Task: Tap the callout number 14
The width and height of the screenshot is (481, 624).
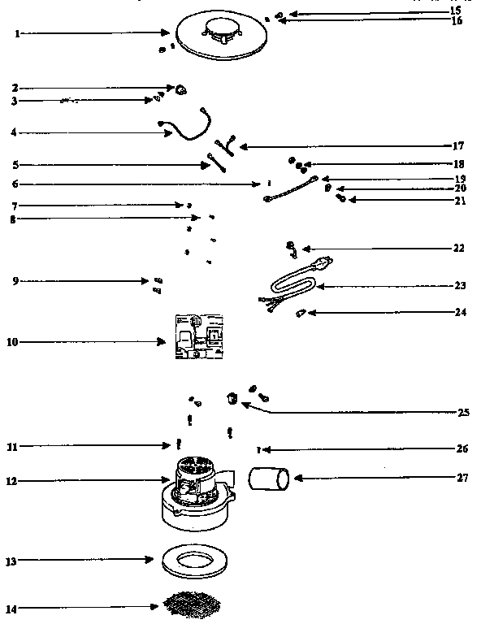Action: click(x=13, y=607)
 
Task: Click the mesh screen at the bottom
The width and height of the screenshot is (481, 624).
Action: click(x=193, y=604)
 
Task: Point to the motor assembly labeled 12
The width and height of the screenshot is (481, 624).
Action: click(x=194, y=491)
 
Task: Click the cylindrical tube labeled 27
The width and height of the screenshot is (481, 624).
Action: click(x=268, y=480)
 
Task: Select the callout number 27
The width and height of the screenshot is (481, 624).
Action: click(x=461, y=478)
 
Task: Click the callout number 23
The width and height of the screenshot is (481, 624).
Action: click(x=461, y=285)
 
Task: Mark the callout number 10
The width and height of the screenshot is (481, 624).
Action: click(x=13, y=342)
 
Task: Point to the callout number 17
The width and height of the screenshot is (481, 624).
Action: click(x=457, y=146)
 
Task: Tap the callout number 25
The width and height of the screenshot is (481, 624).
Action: click(x=463, y=413)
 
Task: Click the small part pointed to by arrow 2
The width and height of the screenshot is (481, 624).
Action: click(x=182, y=88)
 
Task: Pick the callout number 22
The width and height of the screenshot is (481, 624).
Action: click(x=460, y=248)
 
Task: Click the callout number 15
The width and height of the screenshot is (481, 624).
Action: click(x=455, y=11)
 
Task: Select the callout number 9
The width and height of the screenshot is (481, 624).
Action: click(x=15, y=281)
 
